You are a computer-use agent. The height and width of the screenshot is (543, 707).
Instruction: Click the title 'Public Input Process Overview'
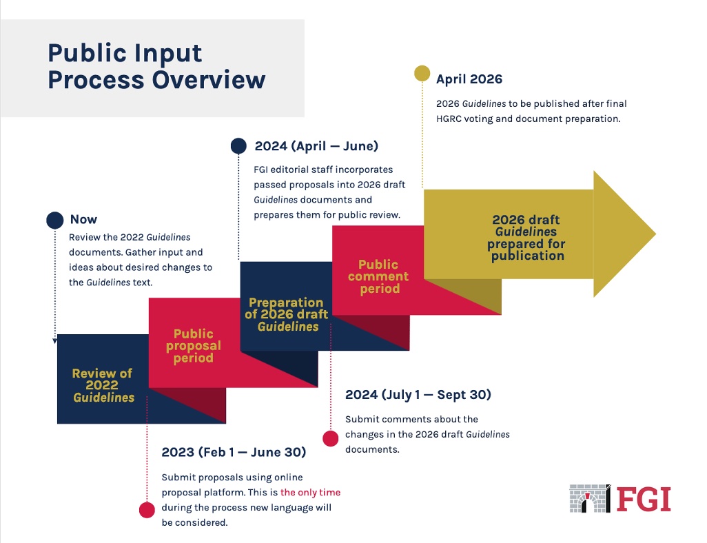click(156, 66)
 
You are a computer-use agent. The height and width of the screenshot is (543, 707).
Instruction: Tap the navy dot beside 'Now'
click(55, 220)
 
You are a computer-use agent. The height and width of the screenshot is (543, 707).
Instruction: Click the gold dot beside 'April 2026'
click(422, 73)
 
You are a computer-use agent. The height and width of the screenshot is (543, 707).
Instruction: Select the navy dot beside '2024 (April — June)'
click(238, 145)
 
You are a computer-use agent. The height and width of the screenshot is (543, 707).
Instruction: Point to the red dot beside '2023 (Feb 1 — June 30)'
click(147, 509)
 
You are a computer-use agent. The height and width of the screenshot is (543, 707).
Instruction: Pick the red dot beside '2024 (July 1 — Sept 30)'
click(331, 438)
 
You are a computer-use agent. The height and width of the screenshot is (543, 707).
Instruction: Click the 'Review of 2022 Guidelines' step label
click(103, 385)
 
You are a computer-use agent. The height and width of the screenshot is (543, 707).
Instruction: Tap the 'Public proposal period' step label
click(194, 346)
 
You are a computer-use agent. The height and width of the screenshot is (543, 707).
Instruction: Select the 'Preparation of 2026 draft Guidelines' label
click(287, 314)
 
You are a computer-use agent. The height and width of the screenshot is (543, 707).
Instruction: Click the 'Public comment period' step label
click(378, 276)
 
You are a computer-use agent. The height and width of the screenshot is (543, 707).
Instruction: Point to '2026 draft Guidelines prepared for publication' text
click(527, 238)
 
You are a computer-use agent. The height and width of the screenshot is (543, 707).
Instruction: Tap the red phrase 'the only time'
click(310, 493)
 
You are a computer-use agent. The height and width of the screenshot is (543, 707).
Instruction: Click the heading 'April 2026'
click(469, 79)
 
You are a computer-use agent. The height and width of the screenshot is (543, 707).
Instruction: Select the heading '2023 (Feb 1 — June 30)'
click(234, 453)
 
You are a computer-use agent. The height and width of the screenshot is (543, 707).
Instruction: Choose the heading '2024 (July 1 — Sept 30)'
click(418, 395)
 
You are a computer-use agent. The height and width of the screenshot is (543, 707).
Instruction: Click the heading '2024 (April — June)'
click(316, 146)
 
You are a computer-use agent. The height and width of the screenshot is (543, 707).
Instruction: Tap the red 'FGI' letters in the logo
click(643, 498)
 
